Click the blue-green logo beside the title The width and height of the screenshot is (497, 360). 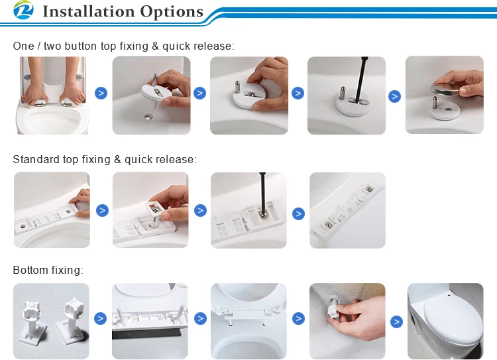point(23,10)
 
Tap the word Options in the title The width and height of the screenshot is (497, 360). point(172,12)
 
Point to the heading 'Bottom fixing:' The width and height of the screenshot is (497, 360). point(48,270)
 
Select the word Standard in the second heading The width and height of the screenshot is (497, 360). point(36,159)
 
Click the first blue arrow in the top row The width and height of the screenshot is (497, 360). point(101,93)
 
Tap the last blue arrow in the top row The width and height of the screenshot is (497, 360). point(395,96)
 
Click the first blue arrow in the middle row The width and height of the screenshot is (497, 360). point(102,211)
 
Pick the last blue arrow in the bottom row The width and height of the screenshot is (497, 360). point(396,322)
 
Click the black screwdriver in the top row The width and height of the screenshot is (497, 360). point(361,80)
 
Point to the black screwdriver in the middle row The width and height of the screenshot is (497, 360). point(263,194)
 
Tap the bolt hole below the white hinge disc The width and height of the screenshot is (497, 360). point(148,117)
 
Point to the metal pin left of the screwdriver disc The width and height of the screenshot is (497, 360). point(343,92)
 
